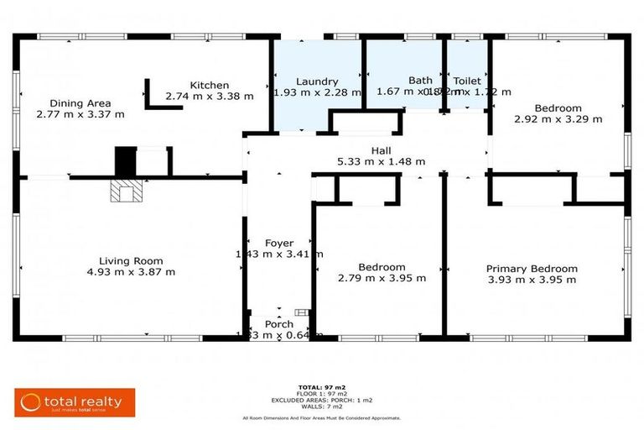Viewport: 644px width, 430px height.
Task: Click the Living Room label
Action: point(131,260)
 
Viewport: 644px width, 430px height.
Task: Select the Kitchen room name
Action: point(209,85)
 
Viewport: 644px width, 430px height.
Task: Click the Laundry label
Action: point(317,81)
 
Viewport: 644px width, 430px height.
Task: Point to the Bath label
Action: point(420,81)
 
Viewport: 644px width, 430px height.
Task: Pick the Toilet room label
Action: point(467,81)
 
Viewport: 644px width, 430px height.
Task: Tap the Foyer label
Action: point(279,243)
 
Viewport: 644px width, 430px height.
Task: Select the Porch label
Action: point(279,324)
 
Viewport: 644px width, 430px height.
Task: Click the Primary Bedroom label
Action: point(532,269)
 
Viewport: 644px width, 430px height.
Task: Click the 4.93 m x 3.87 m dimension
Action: point(131,272)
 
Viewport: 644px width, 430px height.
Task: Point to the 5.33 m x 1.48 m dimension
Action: point(382,161)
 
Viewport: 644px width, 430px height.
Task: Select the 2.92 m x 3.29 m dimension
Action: point(558,119)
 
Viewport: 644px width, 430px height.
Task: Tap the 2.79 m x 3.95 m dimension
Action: point(382,278)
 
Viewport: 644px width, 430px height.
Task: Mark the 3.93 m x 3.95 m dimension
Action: point(532,280)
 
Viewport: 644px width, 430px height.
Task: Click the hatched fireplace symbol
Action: point(125,192)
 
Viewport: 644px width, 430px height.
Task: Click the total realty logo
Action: point(75,402)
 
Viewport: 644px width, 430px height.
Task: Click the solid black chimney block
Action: point(125,160)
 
